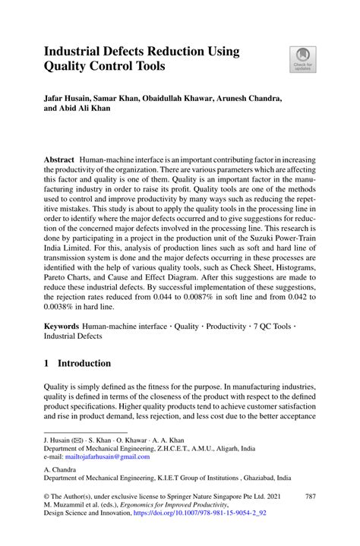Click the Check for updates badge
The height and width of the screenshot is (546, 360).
pos(302,59)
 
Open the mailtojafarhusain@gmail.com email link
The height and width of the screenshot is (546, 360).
pos(106,457)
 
